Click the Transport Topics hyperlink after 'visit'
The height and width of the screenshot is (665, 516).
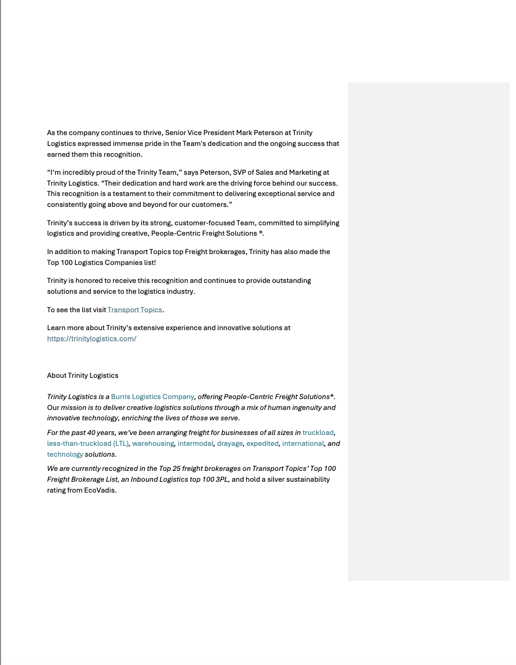pos(135,310)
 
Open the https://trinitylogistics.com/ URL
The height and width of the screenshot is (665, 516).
pos(92,339)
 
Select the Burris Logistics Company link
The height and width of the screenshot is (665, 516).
pos(153,397)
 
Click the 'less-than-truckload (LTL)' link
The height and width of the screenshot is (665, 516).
pos(87,443)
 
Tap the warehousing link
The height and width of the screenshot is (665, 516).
pos(153,443)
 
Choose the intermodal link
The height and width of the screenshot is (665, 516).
pos(195,443)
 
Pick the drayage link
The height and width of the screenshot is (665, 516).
pos(230,443)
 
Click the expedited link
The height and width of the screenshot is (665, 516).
pos(262,443)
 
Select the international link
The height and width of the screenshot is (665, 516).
pos(303,443)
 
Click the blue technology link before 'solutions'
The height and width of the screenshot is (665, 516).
pos(65,454)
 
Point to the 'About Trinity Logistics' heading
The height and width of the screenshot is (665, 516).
pos(83,375)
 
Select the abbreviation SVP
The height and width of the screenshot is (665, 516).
pos(239,172)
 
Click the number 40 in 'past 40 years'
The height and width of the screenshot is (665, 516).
pos(91,433)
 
